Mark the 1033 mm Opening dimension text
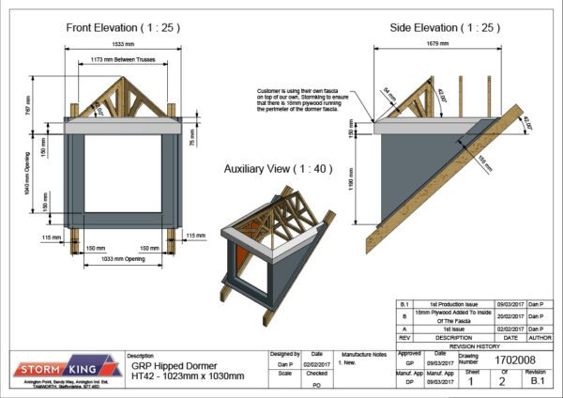[123, 257]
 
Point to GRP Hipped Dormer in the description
[173, 365]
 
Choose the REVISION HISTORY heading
[469, 344]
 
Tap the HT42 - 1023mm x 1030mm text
[187, 375]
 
